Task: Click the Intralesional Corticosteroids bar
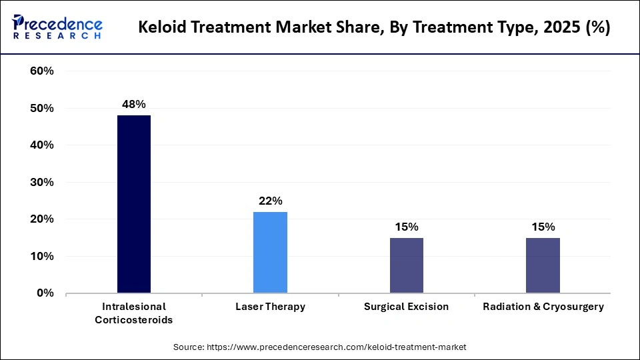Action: [x=133, y=204]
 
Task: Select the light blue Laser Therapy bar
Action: [x=270, y=252]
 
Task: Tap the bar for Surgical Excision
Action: [x=406, y=265]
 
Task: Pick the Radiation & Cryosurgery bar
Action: [x=543, y=265]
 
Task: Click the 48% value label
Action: [x=133, y=104]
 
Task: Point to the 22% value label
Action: [x=270, y=201]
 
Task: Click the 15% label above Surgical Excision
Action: [x=406, y=227]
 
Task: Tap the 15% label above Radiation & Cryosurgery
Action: [x=543, y=227]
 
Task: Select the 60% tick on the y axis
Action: [x=41, y=71]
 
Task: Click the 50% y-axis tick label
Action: [x=41, y=108]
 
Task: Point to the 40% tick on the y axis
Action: [x=41, y=145]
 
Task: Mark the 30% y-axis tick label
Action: [x=41, y=182]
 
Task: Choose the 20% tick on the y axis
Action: [x=41, y=219]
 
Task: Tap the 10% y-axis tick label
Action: [x=41, y=256]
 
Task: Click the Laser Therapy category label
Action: [x=270, y=307]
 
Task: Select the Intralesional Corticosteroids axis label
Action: [x=133, y=313]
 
